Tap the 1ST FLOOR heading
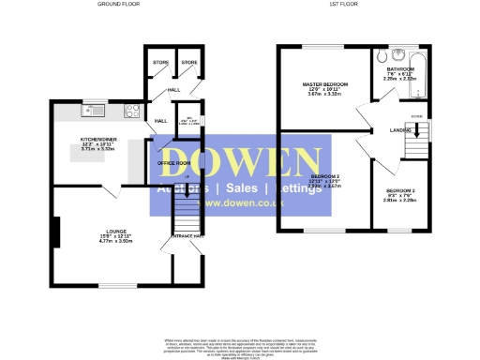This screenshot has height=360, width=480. click(340, 5)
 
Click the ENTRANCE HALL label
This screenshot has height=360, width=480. click(187, 236)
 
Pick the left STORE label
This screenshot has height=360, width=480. click(159, 63)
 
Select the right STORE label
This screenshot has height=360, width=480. click(188, 63)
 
